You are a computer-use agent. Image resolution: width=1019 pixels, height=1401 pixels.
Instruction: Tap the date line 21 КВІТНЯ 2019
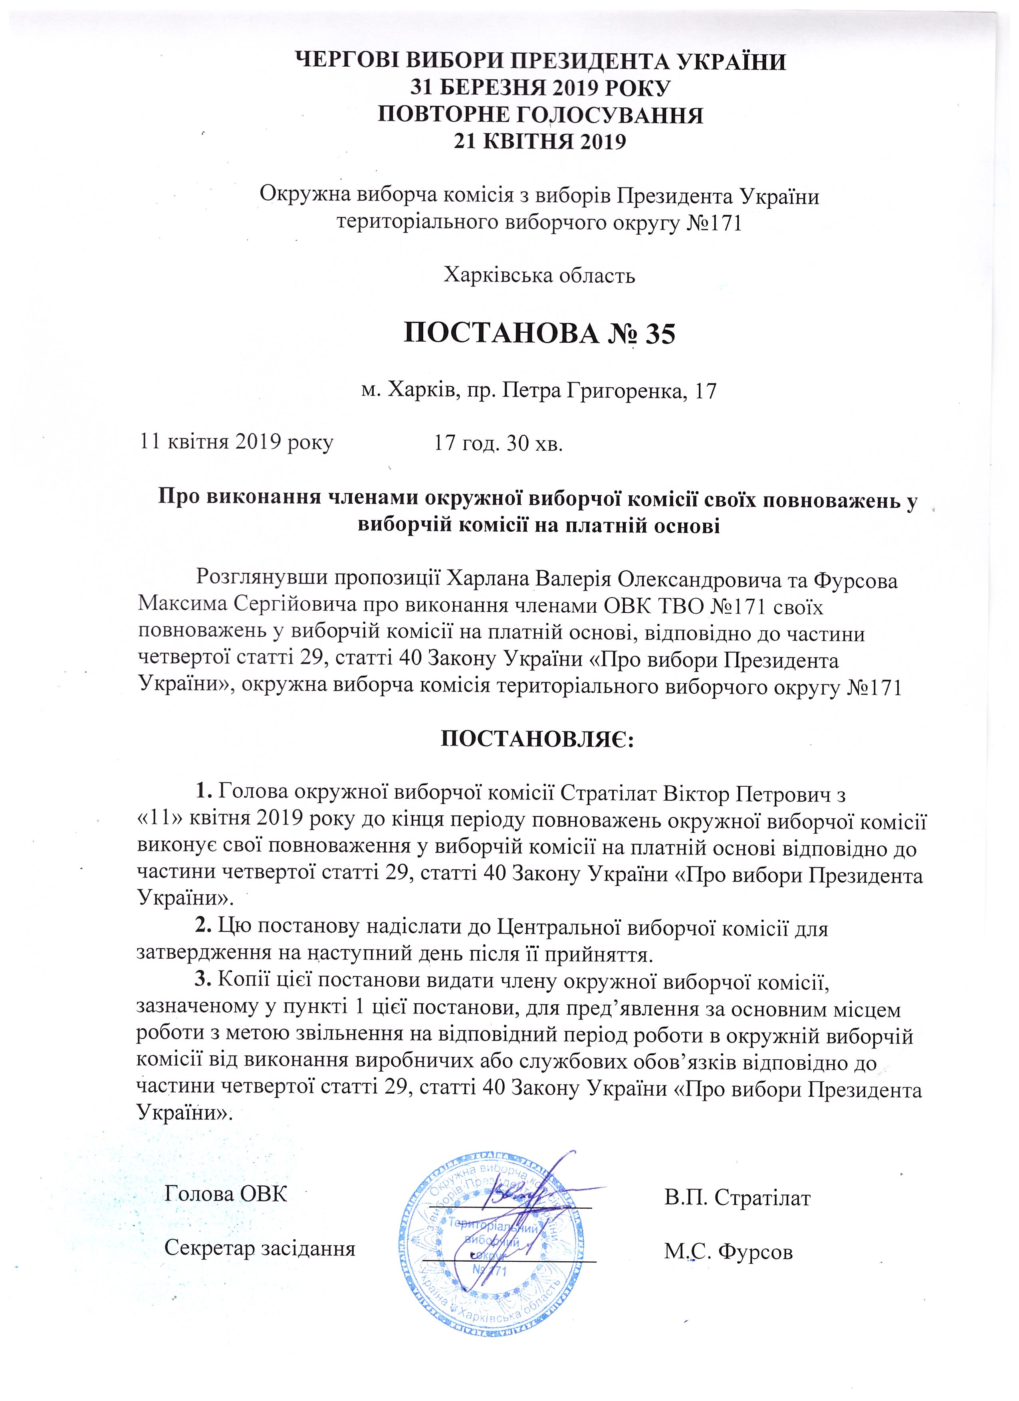(540, 141)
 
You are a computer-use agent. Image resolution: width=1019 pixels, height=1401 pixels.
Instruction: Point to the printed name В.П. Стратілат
(737, 1198)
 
